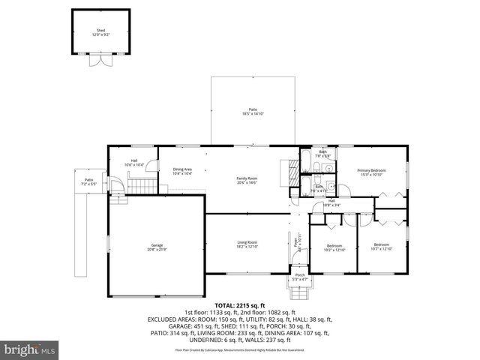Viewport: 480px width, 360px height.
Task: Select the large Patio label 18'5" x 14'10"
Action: (x=253, y=112)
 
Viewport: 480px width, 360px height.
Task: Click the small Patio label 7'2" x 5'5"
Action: (x=88, y=181)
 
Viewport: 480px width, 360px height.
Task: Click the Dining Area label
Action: (x=182, y=171)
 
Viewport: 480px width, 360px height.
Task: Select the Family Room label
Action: (x=247, y=179)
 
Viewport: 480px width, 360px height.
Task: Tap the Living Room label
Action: (x=247, y=244)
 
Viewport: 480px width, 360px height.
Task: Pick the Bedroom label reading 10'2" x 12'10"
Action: (x=334, y=247)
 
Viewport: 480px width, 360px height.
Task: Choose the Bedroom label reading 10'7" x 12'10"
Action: (x=382, y=246)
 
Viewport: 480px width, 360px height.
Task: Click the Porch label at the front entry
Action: (x=299, y=277)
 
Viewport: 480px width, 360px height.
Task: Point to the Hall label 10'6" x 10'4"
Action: (x=133, y=162)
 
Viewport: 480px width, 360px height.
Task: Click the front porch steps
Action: (x=299, y=290)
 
